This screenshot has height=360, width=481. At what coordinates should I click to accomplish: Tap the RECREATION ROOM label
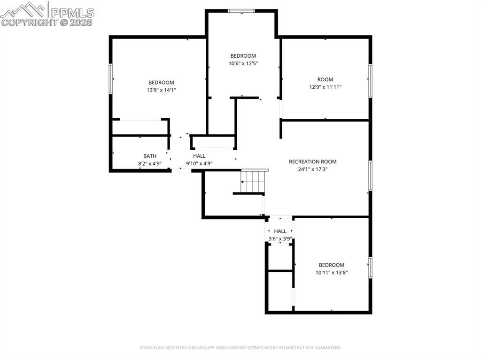point(312,161)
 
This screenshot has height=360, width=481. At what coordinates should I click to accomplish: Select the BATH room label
point(150,156)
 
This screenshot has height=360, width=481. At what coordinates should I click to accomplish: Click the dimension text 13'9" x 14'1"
point(161,90)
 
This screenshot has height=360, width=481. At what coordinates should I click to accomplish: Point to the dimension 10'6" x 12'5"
point(243,63)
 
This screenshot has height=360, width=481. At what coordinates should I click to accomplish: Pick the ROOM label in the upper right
point(325,79)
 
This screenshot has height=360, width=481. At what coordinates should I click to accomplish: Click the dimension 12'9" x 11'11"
point(325,87)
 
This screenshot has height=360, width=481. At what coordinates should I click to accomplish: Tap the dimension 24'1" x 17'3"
point(312,169)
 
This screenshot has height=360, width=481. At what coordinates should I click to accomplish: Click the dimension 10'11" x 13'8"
point(331,272)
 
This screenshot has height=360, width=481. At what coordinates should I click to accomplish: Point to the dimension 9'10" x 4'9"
point(199,163)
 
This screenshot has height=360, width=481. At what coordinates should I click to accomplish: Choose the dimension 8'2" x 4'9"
point(150,163)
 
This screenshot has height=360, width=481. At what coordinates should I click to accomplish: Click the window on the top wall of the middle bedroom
point(241,10)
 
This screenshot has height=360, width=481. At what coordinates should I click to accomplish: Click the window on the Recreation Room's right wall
point(370,176)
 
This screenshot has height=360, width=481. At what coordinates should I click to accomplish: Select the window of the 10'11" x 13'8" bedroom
point(370,267)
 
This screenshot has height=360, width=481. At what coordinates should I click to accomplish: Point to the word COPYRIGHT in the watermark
point(28,22)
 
